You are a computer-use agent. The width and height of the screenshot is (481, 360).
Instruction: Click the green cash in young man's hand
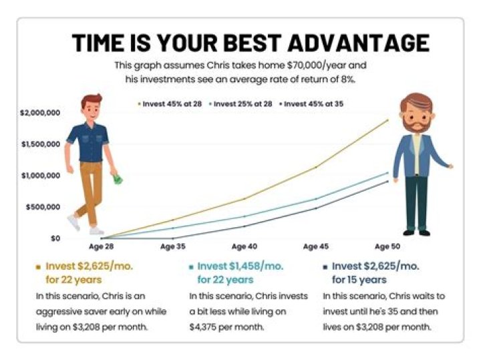[x=118, y=178]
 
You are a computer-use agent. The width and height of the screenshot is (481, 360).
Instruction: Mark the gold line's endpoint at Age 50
[x=387, y=120]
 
